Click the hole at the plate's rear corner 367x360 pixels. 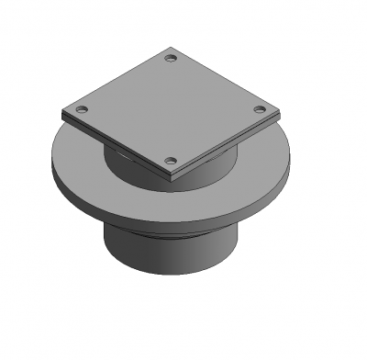coord(170,59)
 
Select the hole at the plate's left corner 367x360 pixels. coord(82,109)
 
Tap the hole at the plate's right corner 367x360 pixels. coord(259,110)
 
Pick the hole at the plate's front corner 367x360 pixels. coord(170,162)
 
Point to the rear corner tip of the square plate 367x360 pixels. coord(171,48)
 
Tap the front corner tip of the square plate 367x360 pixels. coord(171,174)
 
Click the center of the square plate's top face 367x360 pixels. coord(171,110)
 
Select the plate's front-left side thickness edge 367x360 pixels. coord(115,147)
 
